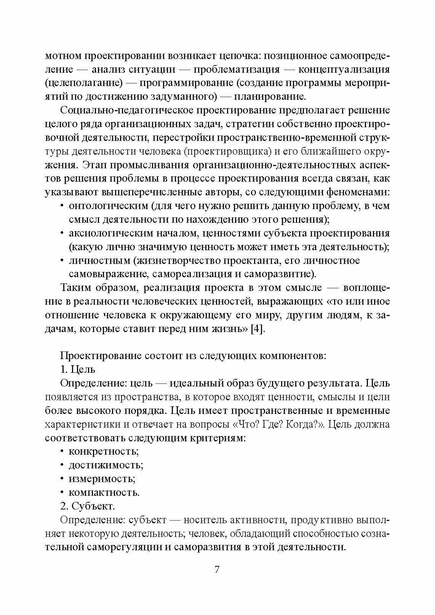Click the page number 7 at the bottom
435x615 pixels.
[x=217, y=570]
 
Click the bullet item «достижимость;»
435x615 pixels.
[x=106, y=465]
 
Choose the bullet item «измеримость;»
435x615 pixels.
[x=102, y=479]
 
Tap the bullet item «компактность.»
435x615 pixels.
[x=104, y=492]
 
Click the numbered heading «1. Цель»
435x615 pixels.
[x=78, y=369]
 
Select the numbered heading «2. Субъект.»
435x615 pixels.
[x=88, y=506]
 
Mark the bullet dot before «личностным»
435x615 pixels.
[x=62, y=260]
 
